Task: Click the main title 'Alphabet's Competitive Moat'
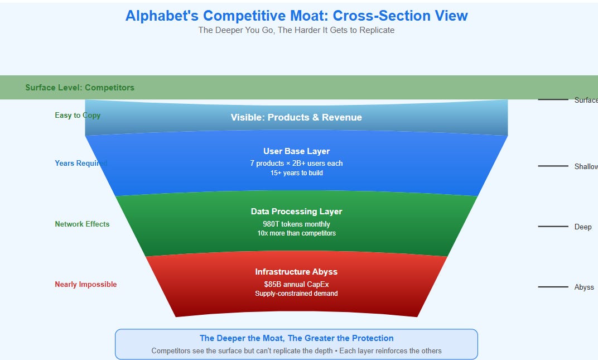296,16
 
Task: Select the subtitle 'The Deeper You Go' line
296,30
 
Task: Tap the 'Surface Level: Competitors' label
80,88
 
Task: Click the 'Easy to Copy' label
78,116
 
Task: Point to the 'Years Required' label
81,164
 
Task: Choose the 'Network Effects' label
82,224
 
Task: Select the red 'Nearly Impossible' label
86,285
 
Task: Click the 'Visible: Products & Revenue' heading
296,117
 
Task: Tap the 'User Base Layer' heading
296,151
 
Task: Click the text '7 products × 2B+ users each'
296,164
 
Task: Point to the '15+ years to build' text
296,173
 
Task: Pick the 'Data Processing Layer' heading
296,212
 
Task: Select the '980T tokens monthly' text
296,224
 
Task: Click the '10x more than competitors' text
296,233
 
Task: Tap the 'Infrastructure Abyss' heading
296,272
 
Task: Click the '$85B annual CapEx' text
296,284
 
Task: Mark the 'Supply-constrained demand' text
296,294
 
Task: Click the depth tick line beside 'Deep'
553,227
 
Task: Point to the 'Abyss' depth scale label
584,287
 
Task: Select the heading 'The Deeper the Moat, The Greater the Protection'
296,338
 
